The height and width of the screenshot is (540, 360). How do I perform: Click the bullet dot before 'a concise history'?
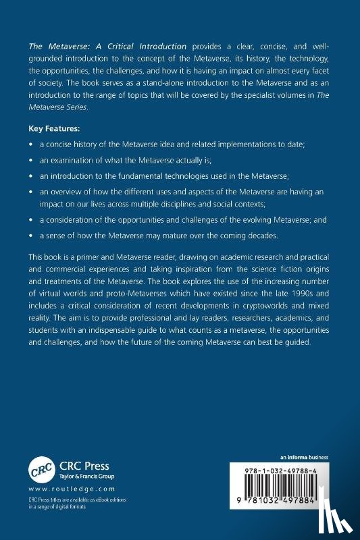pyautogui.click(x=31, y=144)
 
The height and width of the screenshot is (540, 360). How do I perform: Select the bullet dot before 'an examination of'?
pyautogui.click(x=31, y=161)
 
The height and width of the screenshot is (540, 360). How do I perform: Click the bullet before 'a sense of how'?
pyautogui.click(x=31, y=237)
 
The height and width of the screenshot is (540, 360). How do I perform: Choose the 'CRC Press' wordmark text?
pyautogui.click(x=86, y=466)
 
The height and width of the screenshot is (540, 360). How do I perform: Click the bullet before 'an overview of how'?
pyautogui.click(x=31, y=192)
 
